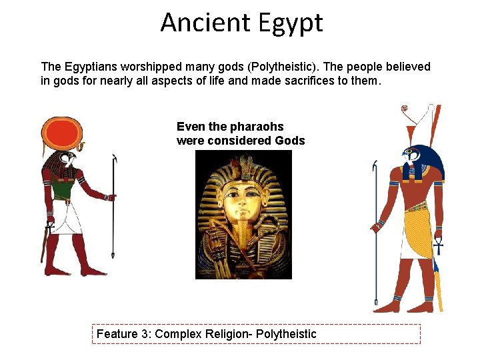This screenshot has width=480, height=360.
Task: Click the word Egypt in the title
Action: click(287, 24)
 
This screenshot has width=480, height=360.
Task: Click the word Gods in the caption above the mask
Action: click(289, 141)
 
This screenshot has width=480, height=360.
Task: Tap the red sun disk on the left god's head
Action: click(62, 135)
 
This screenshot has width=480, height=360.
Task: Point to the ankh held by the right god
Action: click(437, 247)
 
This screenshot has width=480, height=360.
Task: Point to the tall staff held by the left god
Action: click(114, 213)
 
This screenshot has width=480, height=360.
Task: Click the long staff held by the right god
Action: click(375, 240)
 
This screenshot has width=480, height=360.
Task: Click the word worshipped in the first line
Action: click(141, 67)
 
